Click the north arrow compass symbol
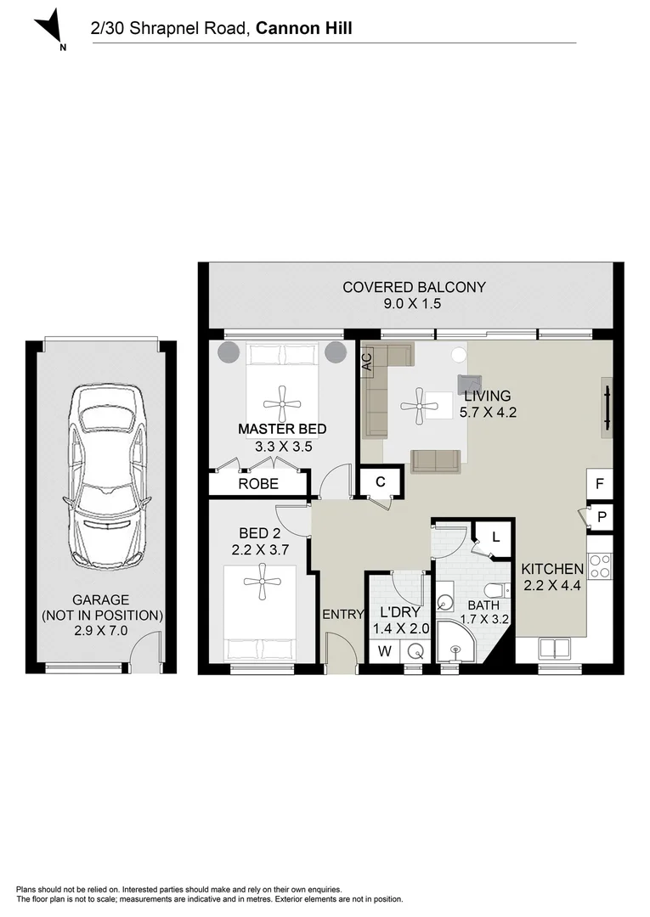pyautogui.click(x=49, y=28)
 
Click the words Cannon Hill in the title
pyautogui.click(x=304, y=28)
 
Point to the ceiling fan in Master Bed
pyautogui.click(x=282, y=403)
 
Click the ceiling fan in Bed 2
pyautogui.click(x=263, y=581)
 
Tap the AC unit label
pyautogui.click(x=367, y=362)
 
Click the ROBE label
pyautogui.click(x=258, y=484)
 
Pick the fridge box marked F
pyautogui.click(x=600, y=484)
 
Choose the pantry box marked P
pyautogui.click(x=601, y=517)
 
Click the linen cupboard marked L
pyautogui.click(x=495, y=537)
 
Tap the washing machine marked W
pyautogui.click(x=384, y=651)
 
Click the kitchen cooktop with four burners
pyautogui.click(x=600, y=566)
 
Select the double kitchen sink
pyautogui.click(x=554, y=648)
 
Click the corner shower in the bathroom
pyautogui.click(x=458, y=642)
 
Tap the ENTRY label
pyautogui.click(x=343, y=614)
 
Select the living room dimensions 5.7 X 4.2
pyautogui.click(x=488, y=413)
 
